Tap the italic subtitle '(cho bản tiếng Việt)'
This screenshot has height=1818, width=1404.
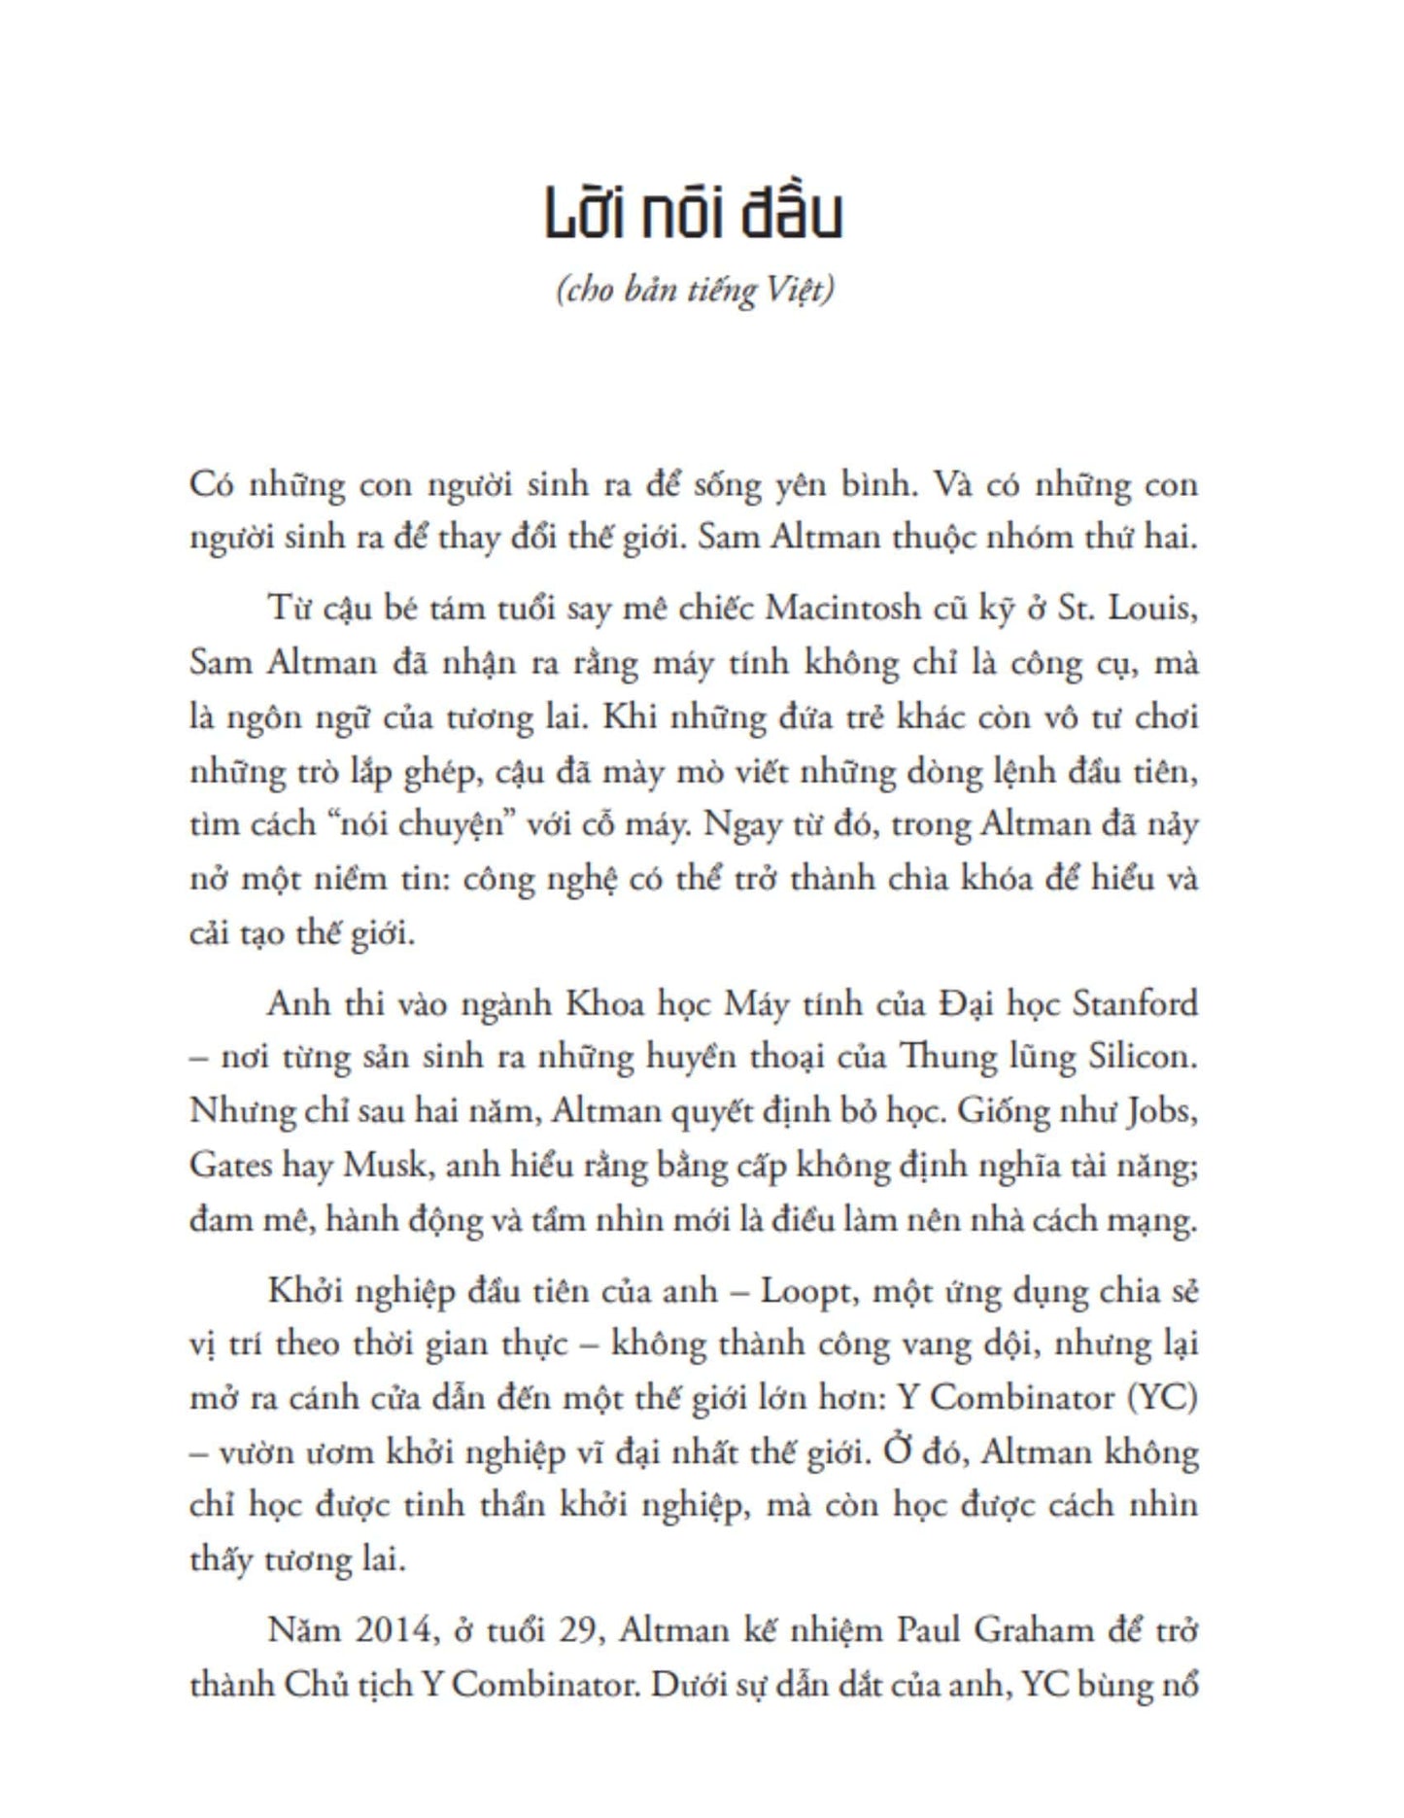tap(695, 290)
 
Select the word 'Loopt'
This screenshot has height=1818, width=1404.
tap(805, 1291)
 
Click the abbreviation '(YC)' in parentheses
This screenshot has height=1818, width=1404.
tap(1162, 1398)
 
